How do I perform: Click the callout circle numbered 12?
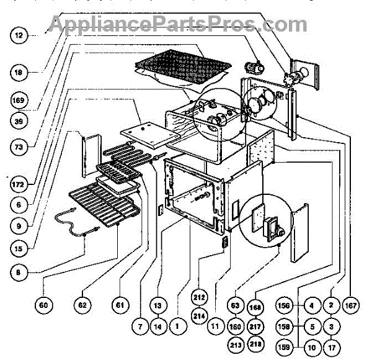[19, 37]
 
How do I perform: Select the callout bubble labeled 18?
[19, 73]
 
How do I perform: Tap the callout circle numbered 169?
[19, 99]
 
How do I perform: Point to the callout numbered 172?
[19, 184]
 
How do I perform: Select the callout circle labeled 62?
[82, 305]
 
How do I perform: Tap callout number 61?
[120, 305]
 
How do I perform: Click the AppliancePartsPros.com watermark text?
[177, 25]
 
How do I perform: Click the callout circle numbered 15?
[19, 248]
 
